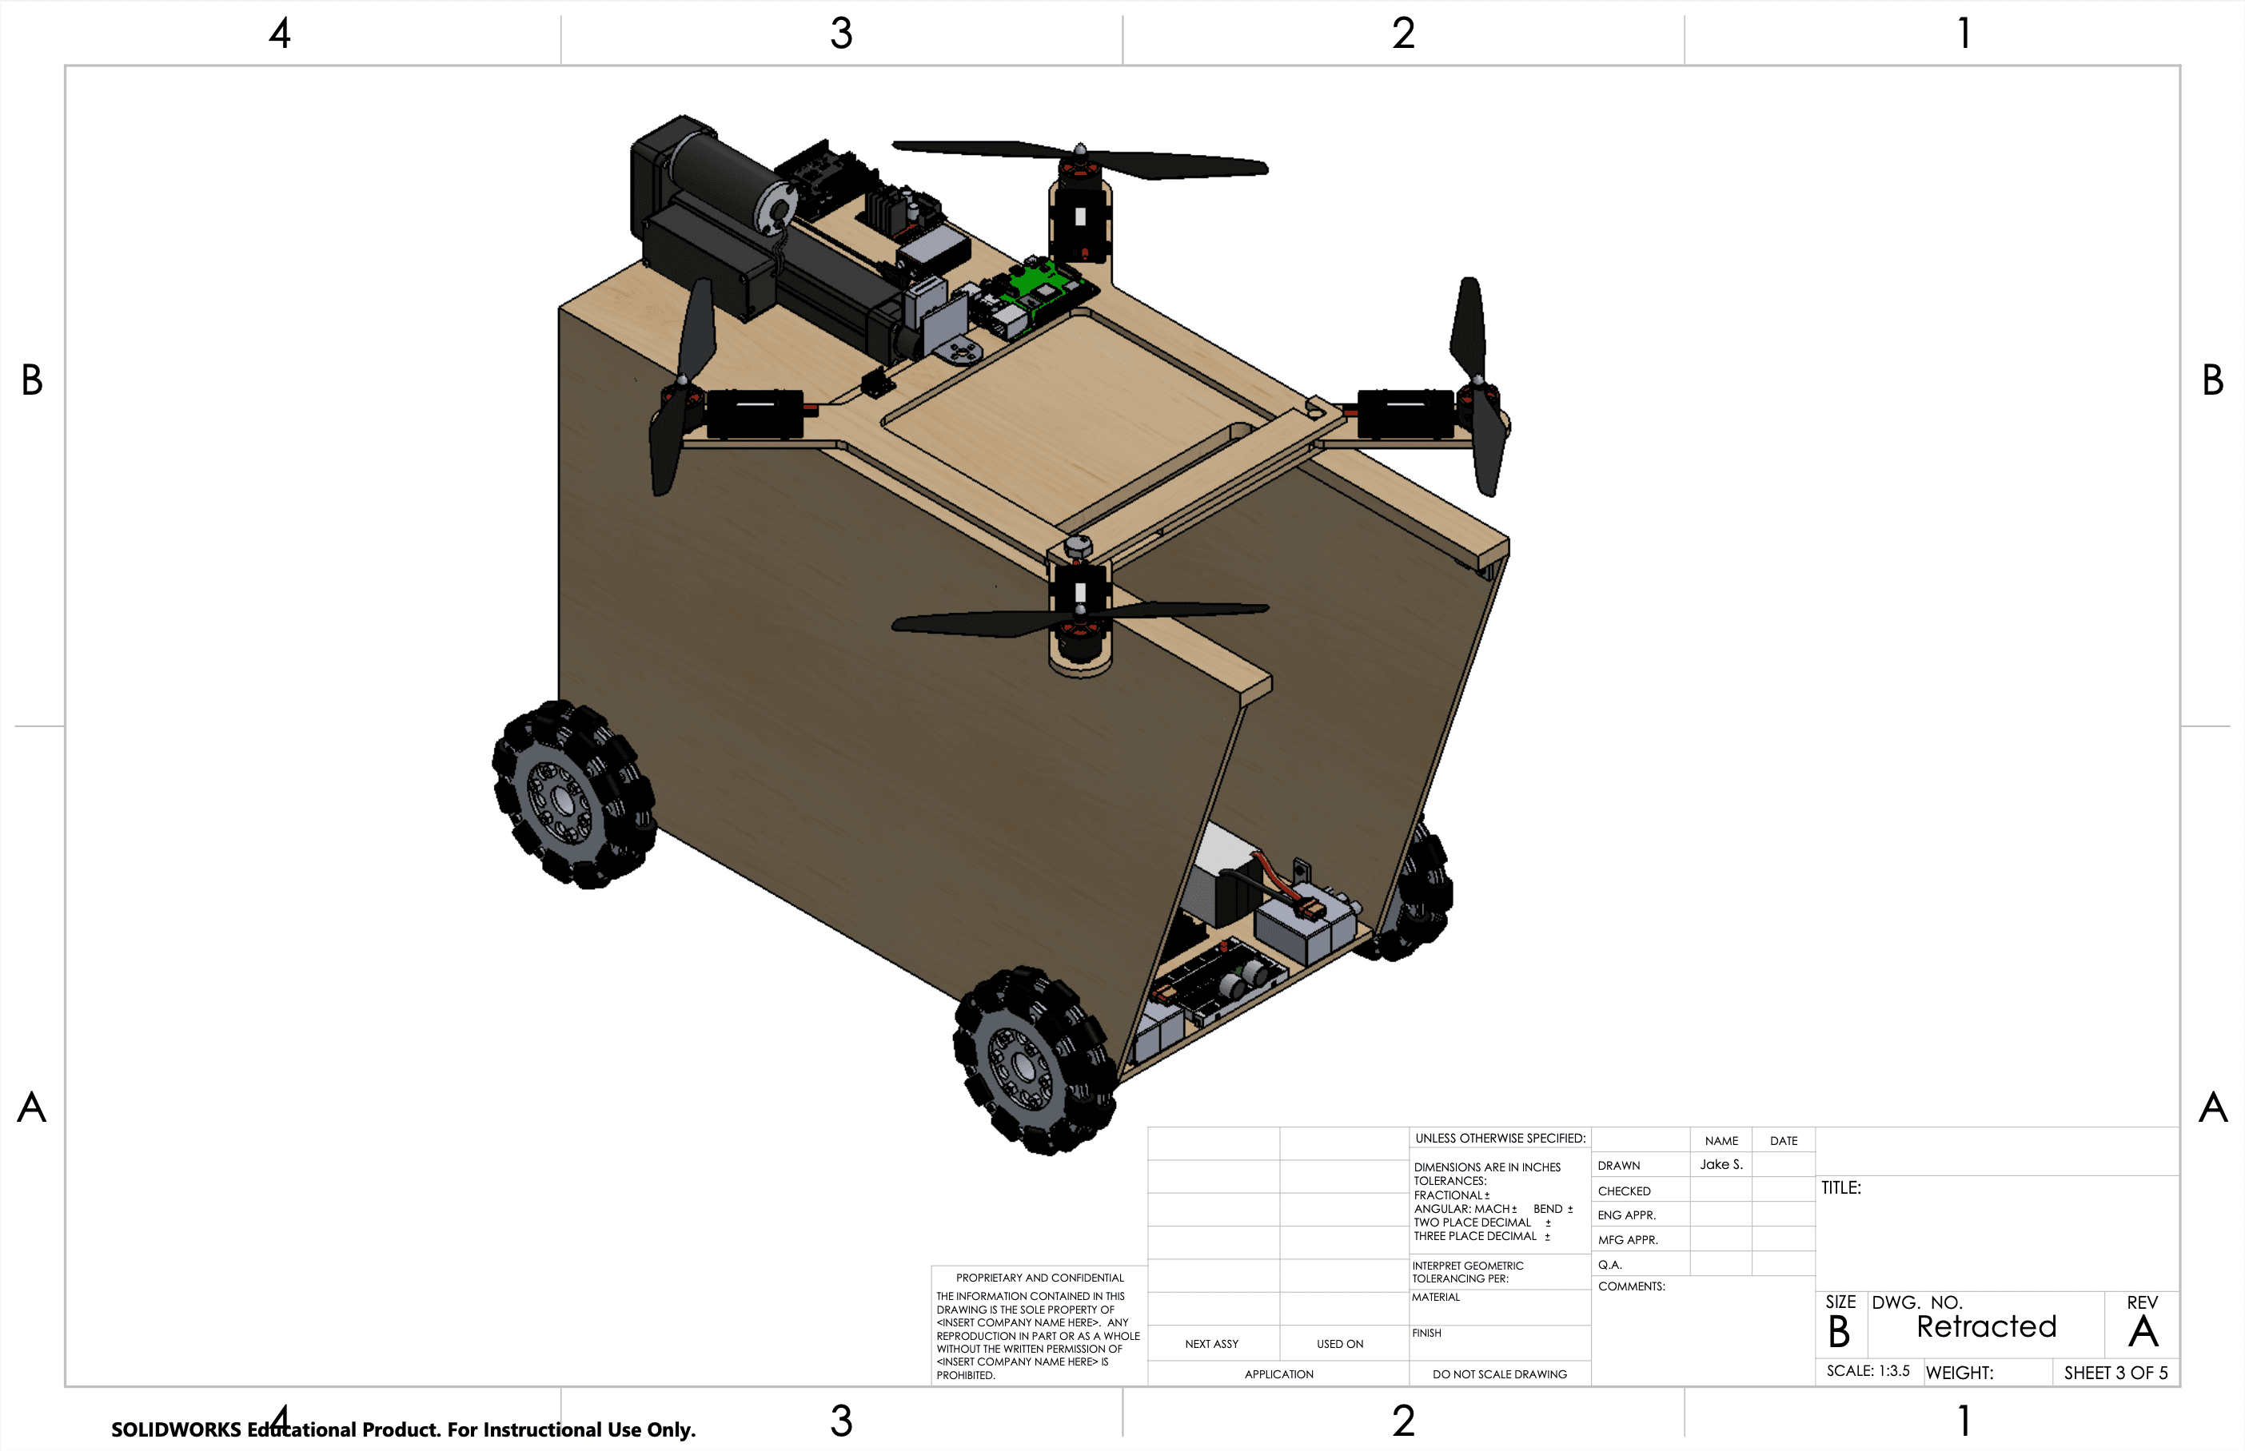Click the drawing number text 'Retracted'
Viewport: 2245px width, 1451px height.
tap(1986, 1326)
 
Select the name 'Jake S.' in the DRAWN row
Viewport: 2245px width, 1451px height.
tap(1721, 1165)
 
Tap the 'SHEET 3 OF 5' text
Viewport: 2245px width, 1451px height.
tap(2115, 1373)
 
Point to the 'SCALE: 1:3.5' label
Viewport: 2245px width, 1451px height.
tap(1867, 1371)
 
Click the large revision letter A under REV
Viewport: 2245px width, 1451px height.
tap(2143, 1331)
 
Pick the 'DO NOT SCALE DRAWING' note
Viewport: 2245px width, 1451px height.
tap(1500, 1373)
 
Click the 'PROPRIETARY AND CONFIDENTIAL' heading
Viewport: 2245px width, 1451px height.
tap(1039, 1278)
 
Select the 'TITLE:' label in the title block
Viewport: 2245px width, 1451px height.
tap(1840, 1188)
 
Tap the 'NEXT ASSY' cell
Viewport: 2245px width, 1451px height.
tap(1211, 1344)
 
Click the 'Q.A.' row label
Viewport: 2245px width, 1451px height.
tap(1609, 1265)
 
